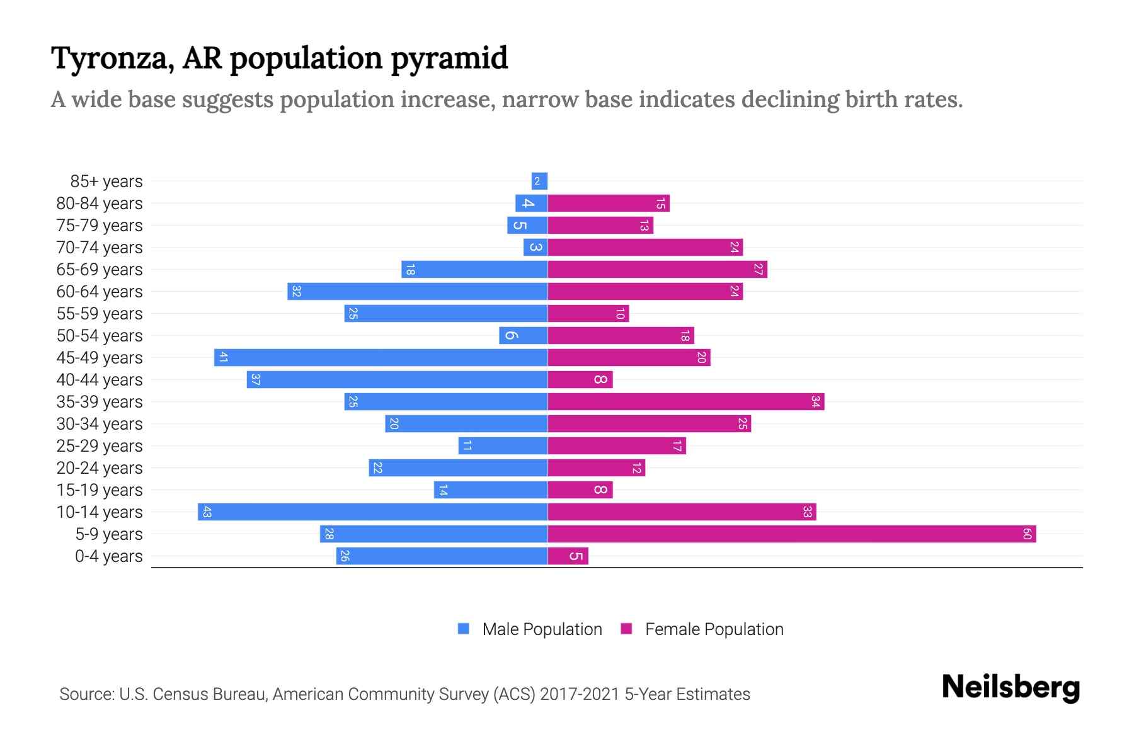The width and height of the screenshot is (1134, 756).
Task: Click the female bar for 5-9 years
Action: point(791,534)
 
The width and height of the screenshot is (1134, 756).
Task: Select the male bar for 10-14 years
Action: point(372,512)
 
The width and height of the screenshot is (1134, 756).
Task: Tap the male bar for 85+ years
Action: point(539,181)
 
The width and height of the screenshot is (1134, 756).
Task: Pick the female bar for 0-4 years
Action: point(568,556)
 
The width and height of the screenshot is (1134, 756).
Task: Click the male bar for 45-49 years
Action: point(381,358)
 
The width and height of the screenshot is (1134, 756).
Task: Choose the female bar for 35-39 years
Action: point(685,402)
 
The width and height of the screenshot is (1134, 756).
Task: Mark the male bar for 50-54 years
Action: point(523,336)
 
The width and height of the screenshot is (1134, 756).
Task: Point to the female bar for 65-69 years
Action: point(657,270)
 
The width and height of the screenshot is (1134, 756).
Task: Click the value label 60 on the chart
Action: point(1027,534)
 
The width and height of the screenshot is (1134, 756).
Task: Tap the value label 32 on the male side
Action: point(296,292)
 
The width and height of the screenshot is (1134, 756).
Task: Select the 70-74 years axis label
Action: point(100,248)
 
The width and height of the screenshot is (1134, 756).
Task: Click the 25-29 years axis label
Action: point(100,446)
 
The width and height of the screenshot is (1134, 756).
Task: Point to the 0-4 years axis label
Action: point(108,556)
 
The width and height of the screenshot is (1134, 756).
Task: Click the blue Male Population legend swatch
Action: point(464,629)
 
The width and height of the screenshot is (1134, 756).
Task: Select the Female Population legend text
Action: point(714,629)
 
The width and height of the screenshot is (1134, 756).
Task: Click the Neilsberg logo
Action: point(1011,687)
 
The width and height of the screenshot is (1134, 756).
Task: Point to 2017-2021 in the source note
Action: point(580,694)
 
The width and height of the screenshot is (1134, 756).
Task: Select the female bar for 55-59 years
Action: point(588,314)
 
